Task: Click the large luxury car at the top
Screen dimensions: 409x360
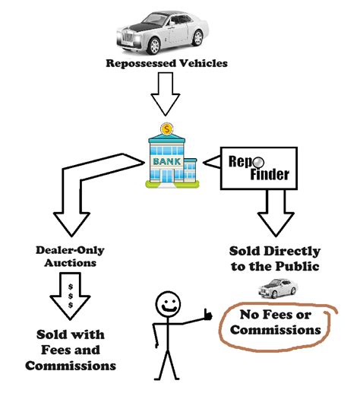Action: (163, 30)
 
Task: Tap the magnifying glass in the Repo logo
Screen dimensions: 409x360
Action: (259, 161)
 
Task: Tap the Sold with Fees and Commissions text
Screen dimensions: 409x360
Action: (71, 350)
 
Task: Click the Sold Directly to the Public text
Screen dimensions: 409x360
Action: (274, 258)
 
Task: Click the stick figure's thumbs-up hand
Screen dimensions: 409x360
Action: (206, 313)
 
